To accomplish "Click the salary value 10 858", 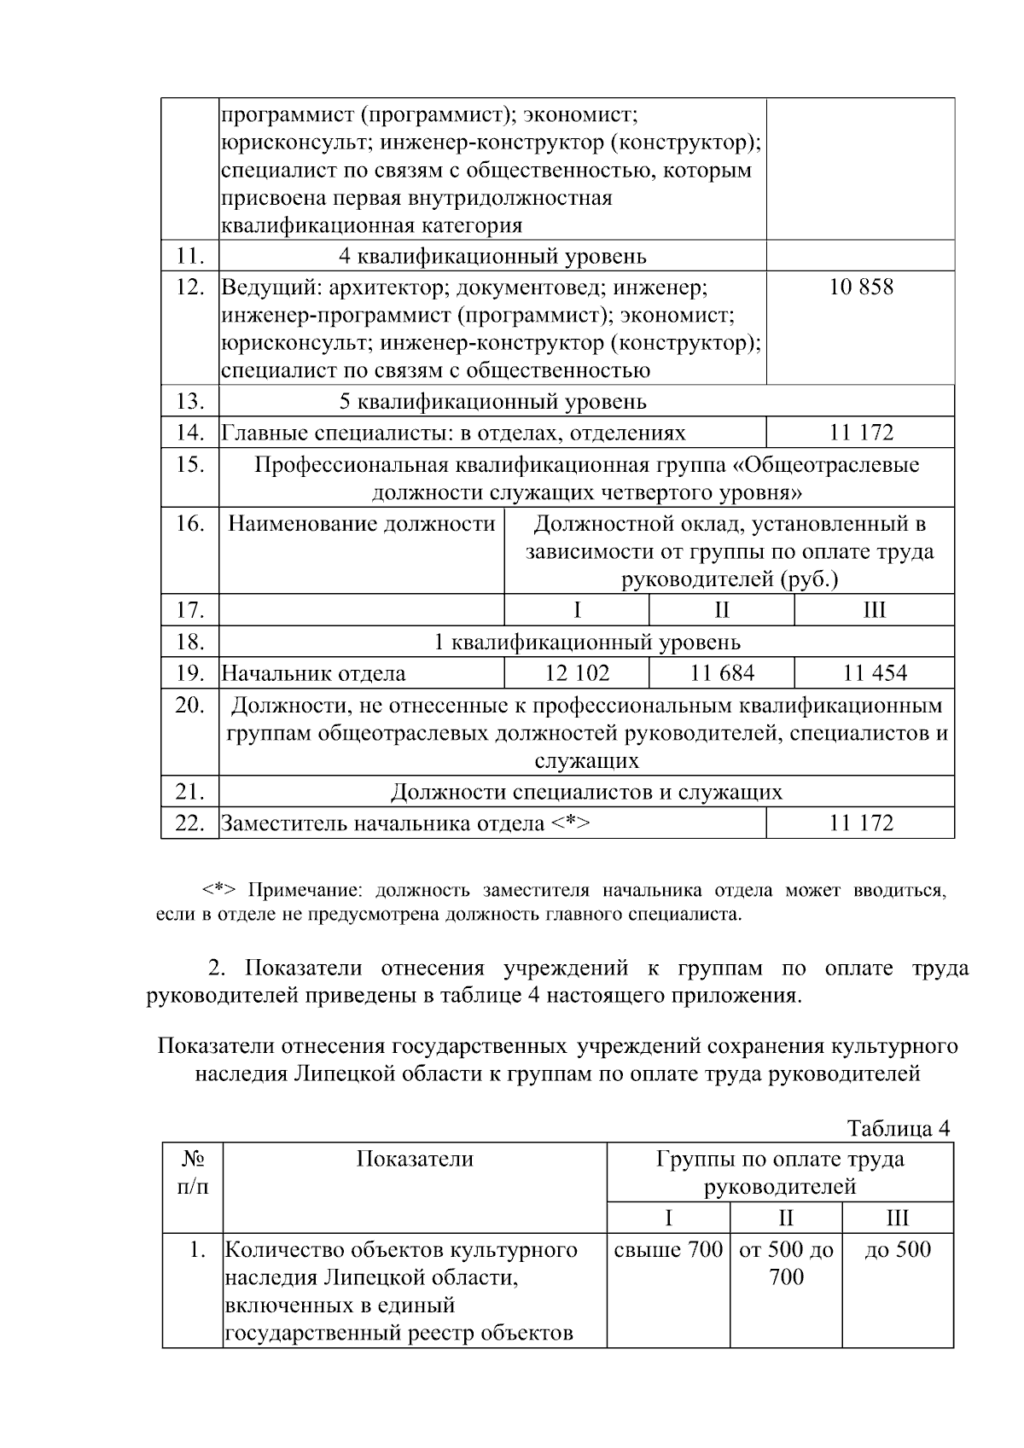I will point(861,287).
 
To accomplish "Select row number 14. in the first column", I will point(189,433).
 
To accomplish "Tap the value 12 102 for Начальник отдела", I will point(577,673).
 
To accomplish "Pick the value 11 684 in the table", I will point(722,673).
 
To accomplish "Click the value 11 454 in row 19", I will point(875,673).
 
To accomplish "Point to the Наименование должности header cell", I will point(362,523).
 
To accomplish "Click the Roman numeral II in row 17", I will point(722,610).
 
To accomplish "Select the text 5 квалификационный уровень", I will point(492,401).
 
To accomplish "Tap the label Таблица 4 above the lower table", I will point(898,1128).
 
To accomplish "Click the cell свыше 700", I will point(668,1250).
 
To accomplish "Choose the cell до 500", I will point(898,1250).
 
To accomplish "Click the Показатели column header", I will point(415,1159).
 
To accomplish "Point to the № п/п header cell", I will point(193,1172).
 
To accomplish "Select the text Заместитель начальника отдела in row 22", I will point(382,823).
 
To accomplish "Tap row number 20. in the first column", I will point(189,706).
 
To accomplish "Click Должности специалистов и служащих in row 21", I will point(586,792).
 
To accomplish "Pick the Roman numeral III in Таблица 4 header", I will point(898,1218).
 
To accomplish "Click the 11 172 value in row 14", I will point(861,433).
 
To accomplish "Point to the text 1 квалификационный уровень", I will point(586,642).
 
